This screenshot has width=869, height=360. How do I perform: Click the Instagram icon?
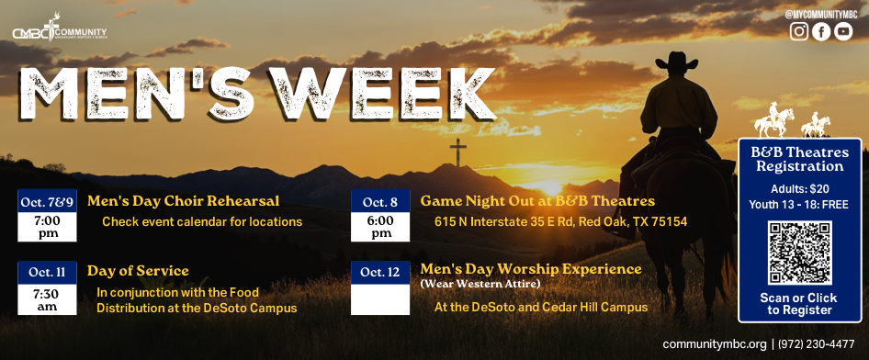tap(798, 31)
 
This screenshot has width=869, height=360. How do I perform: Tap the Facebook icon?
tap(821, 31)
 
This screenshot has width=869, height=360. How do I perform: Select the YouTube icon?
tap(843, 31)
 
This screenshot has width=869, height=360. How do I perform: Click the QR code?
tap(799, 253)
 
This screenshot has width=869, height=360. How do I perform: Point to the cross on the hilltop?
tap(457, 152)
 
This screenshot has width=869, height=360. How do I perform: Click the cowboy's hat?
tap(677, 60)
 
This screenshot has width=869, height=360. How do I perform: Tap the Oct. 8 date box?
tap(380, 216)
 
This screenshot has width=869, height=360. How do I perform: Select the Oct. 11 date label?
tap(47, 273)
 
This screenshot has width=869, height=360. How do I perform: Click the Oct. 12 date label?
tap(380, 273)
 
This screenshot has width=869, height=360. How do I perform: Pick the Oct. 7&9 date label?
tap(47, 202)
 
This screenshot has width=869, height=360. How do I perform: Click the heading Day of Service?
tap(138, 271)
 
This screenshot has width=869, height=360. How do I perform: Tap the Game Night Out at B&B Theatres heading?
tap(537, 200)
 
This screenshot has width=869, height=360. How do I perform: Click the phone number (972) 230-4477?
tap(817, 344)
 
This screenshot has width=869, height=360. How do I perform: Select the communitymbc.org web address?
tap(715, 344)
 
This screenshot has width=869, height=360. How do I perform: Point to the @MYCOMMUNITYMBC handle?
tap(821, 15)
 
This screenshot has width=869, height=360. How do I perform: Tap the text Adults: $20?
tap(800, 189)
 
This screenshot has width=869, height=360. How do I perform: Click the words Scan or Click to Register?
tap(799, 304)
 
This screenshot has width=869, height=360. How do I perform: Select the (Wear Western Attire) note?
tap(480, 284)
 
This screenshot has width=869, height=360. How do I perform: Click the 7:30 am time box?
tap(47, 299)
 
